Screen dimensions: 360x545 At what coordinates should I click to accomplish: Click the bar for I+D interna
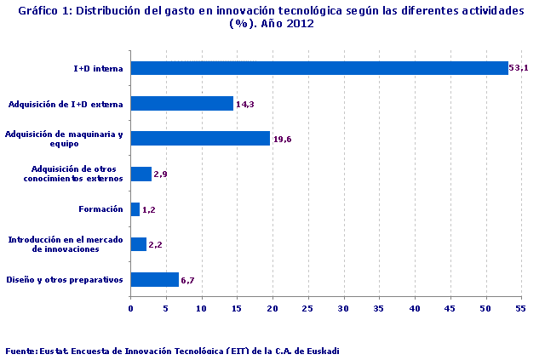[x=319, y=68]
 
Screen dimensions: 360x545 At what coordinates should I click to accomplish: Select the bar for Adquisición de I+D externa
[x=181, y=104]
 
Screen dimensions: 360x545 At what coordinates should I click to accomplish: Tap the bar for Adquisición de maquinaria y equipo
[x=200, y=139]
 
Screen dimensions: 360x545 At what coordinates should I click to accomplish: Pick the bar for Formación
[x=135, y=209]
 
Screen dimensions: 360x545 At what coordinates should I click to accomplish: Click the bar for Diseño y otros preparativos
[x=154, y=279]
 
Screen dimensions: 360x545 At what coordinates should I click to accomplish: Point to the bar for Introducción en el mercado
[x=138, y=244]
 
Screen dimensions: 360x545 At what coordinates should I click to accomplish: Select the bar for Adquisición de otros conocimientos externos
[x=141, y=174]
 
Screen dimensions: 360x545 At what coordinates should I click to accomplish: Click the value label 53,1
[x=519, y=68]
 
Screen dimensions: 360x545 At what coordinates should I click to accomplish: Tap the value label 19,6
[x=283, y=139]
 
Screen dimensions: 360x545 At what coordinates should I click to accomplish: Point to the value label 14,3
[x=245, y=104]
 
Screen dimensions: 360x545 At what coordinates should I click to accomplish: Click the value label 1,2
[x=149, y=209]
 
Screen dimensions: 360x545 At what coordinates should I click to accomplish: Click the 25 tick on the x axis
[x=308, y=309]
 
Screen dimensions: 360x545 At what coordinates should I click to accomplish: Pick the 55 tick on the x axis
[x=521, y=309]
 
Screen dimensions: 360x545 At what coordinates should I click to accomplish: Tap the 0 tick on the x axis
[x=130, y=309]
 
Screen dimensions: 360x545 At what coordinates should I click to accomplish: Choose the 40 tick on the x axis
[x=415, y=309]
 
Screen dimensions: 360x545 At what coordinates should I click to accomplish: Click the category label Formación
[x=101, y=209]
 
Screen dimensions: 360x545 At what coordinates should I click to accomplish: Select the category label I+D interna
[x=99, y=68]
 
